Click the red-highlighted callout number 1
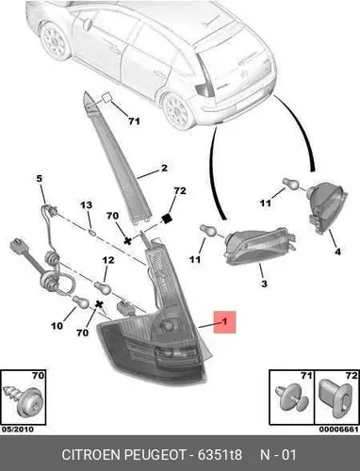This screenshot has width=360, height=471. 224,321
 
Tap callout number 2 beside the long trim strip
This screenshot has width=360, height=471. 164,168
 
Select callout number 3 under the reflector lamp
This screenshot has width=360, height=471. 264,284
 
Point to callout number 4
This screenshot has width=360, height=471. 337,252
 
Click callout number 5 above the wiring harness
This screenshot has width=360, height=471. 39,179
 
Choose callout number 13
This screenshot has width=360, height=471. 87,205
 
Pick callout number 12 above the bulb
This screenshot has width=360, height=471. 108,260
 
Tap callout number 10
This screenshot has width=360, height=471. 57,326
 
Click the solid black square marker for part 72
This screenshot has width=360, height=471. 167,219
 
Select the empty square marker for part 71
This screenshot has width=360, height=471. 106,97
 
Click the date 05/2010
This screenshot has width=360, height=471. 18,430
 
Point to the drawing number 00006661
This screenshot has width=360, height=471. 338,430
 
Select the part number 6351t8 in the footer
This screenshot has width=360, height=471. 220,455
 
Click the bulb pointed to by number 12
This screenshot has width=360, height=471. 103,288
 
